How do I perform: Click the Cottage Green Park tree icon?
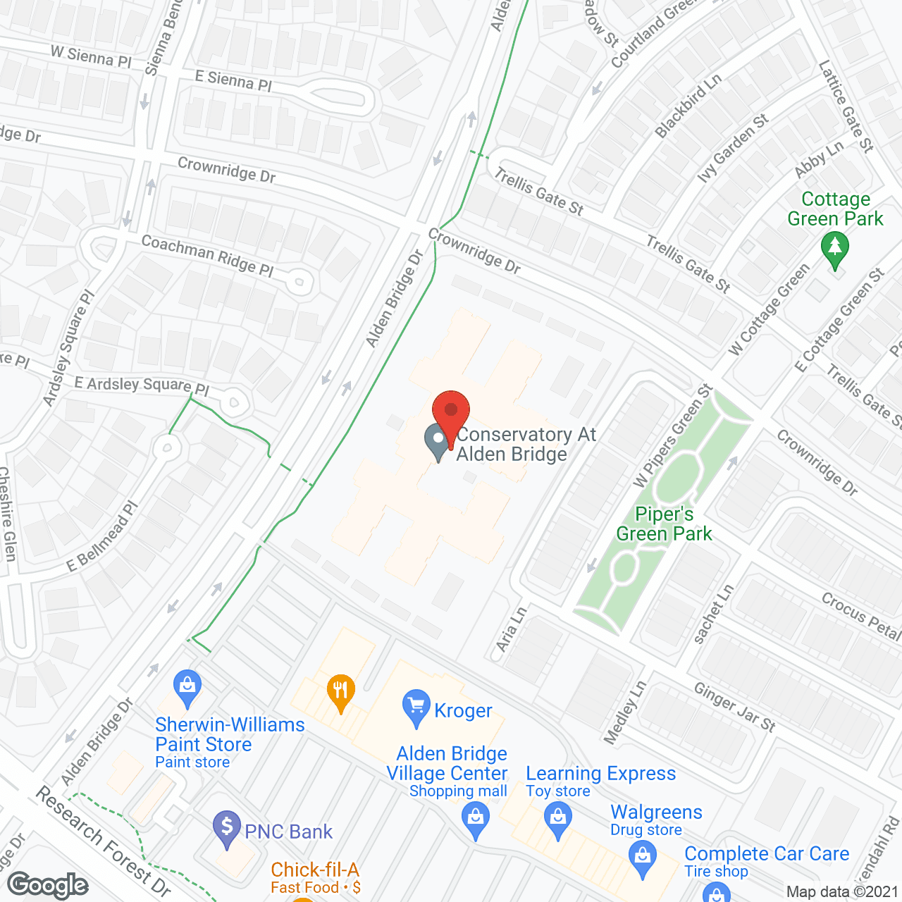coord(835,248)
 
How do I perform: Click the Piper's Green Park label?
coord(664,524)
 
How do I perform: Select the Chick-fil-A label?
coord(315,870)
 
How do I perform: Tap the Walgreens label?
coord(656,813)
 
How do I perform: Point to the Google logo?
coord(48,885)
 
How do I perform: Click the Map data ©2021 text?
coord(842,891)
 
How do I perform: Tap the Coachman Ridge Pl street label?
coord(207,256)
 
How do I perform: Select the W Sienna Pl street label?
coord(91,56)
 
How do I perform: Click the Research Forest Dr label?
coord(103,841)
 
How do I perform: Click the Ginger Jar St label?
coord(734,707)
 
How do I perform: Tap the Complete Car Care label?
coord(767,853)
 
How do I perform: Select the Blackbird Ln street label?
coord(688,106)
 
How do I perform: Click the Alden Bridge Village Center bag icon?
coord(476,820)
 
